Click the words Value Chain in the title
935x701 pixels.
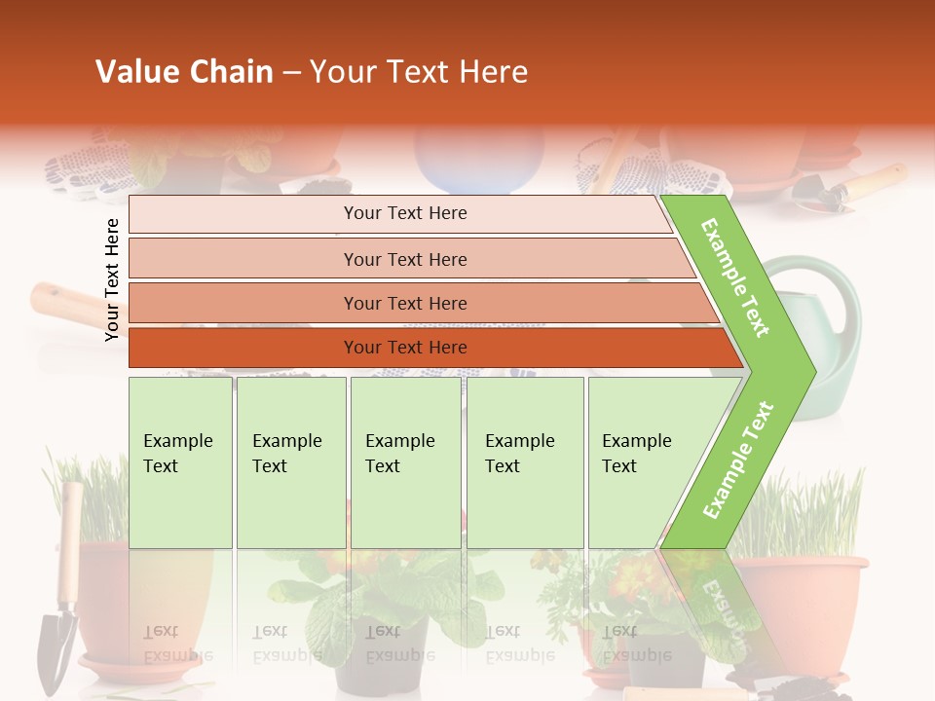[184, 72]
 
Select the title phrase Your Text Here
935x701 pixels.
[419, 72]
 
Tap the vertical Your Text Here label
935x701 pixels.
[112, 279]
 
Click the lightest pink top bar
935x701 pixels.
[404, 213]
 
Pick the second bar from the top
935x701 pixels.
[404, 259]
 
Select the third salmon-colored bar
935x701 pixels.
[404, 303]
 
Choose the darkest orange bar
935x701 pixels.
[404, 348]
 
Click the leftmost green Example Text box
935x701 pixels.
[180, 461]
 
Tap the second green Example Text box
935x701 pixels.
[290, 461]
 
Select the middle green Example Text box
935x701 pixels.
[405, 461]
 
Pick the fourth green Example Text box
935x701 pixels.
[524, 461]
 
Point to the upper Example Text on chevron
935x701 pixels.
[736, 277]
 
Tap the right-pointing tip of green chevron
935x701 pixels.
[810, 371]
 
